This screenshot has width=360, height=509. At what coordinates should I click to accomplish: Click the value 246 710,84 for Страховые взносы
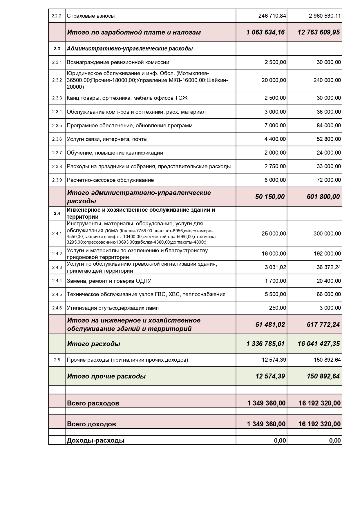click(272, 16)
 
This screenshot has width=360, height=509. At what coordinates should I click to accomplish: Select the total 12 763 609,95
click(319, 32)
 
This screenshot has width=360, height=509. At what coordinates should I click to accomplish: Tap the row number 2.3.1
click(57, 62)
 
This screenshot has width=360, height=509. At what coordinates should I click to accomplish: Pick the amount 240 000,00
click(327, 80)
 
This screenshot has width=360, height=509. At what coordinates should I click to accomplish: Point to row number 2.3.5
click(57, 126)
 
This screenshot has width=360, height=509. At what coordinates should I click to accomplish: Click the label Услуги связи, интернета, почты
click(107, 139)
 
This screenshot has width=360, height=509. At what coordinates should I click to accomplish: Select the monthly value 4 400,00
click(275, 139)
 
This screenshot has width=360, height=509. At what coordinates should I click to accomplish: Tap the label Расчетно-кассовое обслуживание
click(110, 180)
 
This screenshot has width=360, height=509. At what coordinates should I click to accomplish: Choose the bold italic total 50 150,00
click(270, 197)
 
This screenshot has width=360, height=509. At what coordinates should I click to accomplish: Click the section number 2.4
click(57, 213)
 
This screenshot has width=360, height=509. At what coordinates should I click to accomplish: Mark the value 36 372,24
click(329, 267)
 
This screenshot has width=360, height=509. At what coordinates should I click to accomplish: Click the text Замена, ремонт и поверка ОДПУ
click(109, 281)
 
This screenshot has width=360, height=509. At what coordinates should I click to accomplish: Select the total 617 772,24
click(323, 325)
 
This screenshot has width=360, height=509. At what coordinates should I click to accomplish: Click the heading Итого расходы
click(93, 344)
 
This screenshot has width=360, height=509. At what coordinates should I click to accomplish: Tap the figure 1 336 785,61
click(265, 344)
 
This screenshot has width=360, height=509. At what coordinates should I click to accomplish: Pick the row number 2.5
click(57, 360)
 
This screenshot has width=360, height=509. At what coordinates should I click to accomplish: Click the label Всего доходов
click(91, 424)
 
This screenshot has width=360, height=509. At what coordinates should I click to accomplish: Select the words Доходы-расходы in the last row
click(96, 441)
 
